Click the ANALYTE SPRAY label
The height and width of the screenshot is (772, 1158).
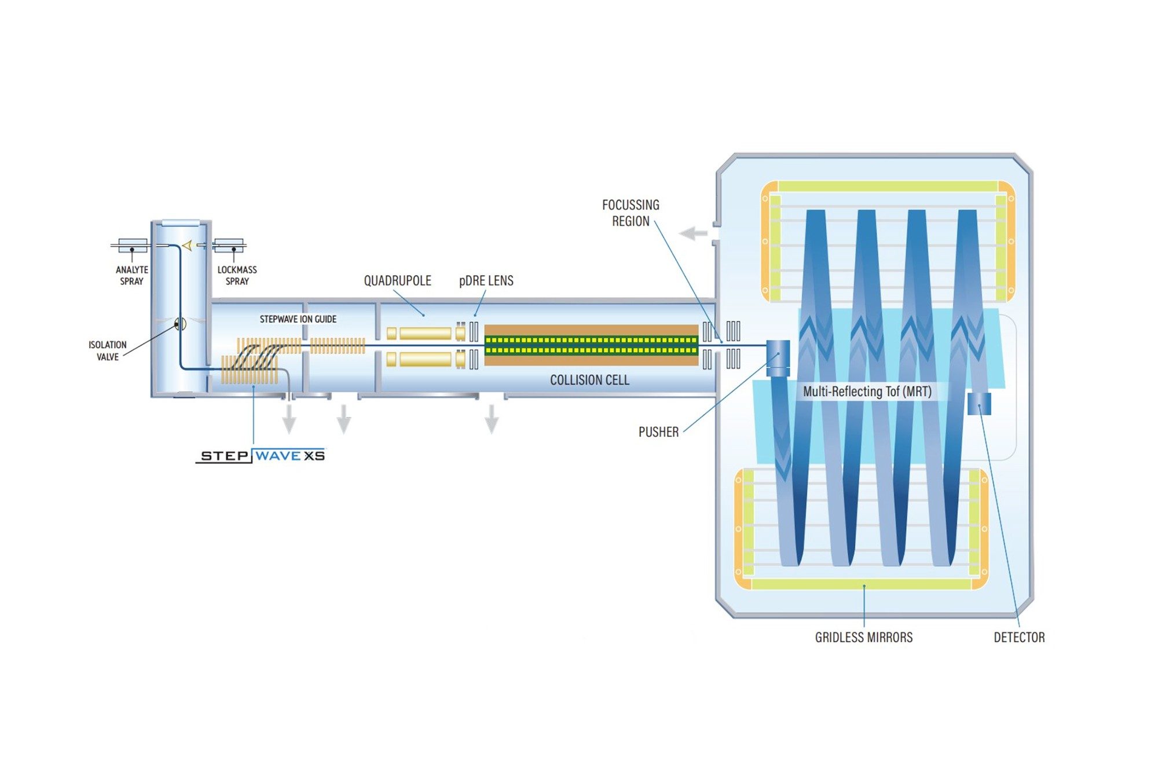click(131, 275)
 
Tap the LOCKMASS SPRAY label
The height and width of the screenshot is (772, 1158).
click(237, 275)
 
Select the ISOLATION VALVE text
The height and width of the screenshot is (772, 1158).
click(107, 350)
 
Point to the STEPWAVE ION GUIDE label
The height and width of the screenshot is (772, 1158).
click(298, 319)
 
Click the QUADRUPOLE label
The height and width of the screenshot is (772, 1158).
click(397, 281)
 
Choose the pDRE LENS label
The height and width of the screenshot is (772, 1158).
click(486, 281)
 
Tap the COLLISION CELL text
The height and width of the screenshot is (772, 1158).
click(589, 380)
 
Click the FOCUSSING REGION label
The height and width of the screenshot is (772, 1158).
click(631, 213)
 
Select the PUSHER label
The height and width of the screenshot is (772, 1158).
click(658, 432)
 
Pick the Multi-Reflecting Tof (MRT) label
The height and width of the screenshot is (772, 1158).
click(867, 392)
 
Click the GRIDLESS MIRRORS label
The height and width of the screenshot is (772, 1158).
click(863, 638)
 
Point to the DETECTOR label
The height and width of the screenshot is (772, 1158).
click(1019, 638)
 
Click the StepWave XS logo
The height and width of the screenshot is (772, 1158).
click(261, 456)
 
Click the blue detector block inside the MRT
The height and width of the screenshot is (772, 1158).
click(979, 404)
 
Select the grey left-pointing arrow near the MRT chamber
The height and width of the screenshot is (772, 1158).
click(693, 233)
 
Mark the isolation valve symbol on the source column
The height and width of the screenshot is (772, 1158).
click(180, 323)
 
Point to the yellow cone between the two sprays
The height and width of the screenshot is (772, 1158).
click(187, 246)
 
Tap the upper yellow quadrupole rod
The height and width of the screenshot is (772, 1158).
click(425, 333)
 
